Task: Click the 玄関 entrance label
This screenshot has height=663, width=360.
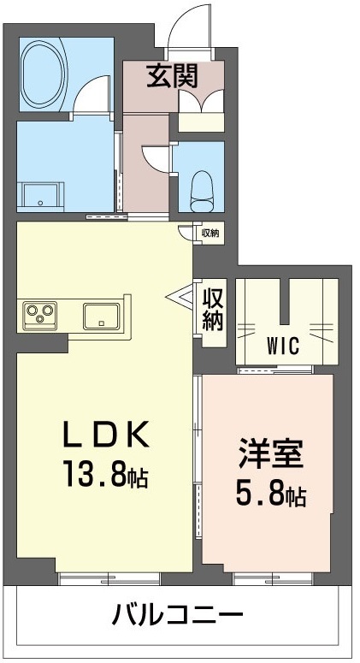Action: [172, 77]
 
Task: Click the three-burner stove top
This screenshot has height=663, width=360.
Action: [38, 314]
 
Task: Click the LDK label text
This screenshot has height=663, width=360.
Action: [107, 435]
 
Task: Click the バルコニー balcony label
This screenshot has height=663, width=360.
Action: [179, 615]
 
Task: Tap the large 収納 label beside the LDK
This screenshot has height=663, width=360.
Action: [212, 309]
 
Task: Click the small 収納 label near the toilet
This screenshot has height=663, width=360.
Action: [210, 232]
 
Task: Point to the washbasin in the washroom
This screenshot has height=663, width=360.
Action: [41, 194]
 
